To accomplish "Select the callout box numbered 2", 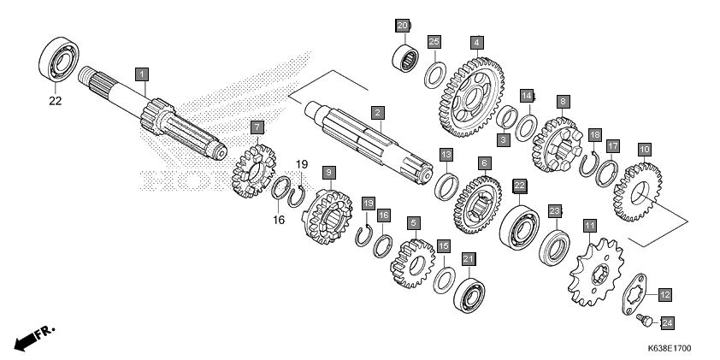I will coord(377,112).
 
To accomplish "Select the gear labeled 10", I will coord(638,186).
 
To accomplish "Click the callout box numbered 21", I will coord(468,258).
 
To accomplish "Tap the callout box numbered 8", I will coord(562,101).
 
